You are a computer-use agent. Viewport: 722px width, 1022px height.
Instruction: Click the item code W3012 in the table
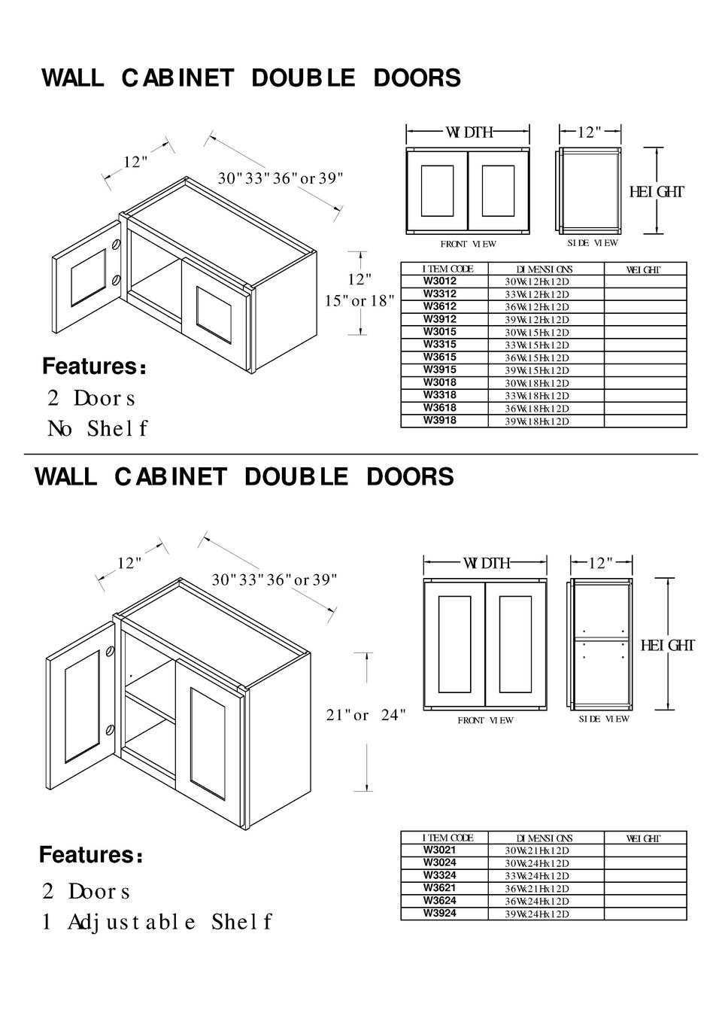click(440, 281)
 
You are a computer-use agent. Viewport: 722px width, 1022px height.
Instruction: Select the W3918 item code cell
click(440, 421)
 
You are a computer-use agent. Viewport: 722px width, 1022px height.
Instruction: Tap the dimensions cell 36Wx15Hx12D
click(537, 358)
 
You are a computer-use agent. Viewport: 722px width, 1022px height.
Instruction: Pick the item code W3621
click(440, 888)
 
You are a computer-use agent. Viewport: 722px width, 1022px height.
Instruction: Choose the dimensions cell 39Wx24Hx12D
click(537, 914)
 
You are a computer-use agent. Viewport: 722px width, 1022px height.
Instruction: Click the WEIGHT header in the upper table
click(644, 269)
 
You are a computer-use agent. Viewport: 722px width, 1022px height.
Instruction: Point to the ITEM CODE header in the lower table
click(447, 838)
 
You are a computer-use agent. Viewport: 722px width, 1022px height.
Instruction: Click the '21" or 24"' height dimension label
click(366, 715)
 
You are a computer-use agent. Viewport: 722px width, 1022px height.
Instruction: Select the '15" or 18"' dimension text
click(359, 301)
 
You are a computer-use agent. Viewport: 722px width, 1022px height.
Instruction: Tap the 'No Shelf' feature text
click(97, 429)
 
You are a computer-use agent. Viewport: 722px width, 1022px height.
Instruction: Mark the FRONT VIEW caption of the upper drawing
click(468, 244)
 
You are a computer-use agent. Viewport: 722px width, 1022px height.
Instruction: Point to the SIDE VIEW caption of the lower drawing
click(604, 719)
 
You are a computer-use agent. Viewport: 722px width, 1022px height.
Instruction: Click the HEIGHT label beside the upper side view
click(657, 192)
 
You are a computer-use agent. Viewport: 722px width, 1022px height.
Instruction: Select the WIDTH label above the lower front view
click(486, 563)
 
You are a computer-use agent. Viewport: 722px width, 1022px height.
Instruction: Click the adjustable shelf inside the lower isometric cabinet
click(150, 707)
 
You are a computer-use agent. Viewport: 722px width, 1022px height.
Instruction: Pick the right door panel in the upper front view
click(497, 190)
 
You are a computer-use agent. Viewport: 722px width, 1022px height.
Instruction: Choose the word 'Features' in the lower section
click(86, 856)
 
